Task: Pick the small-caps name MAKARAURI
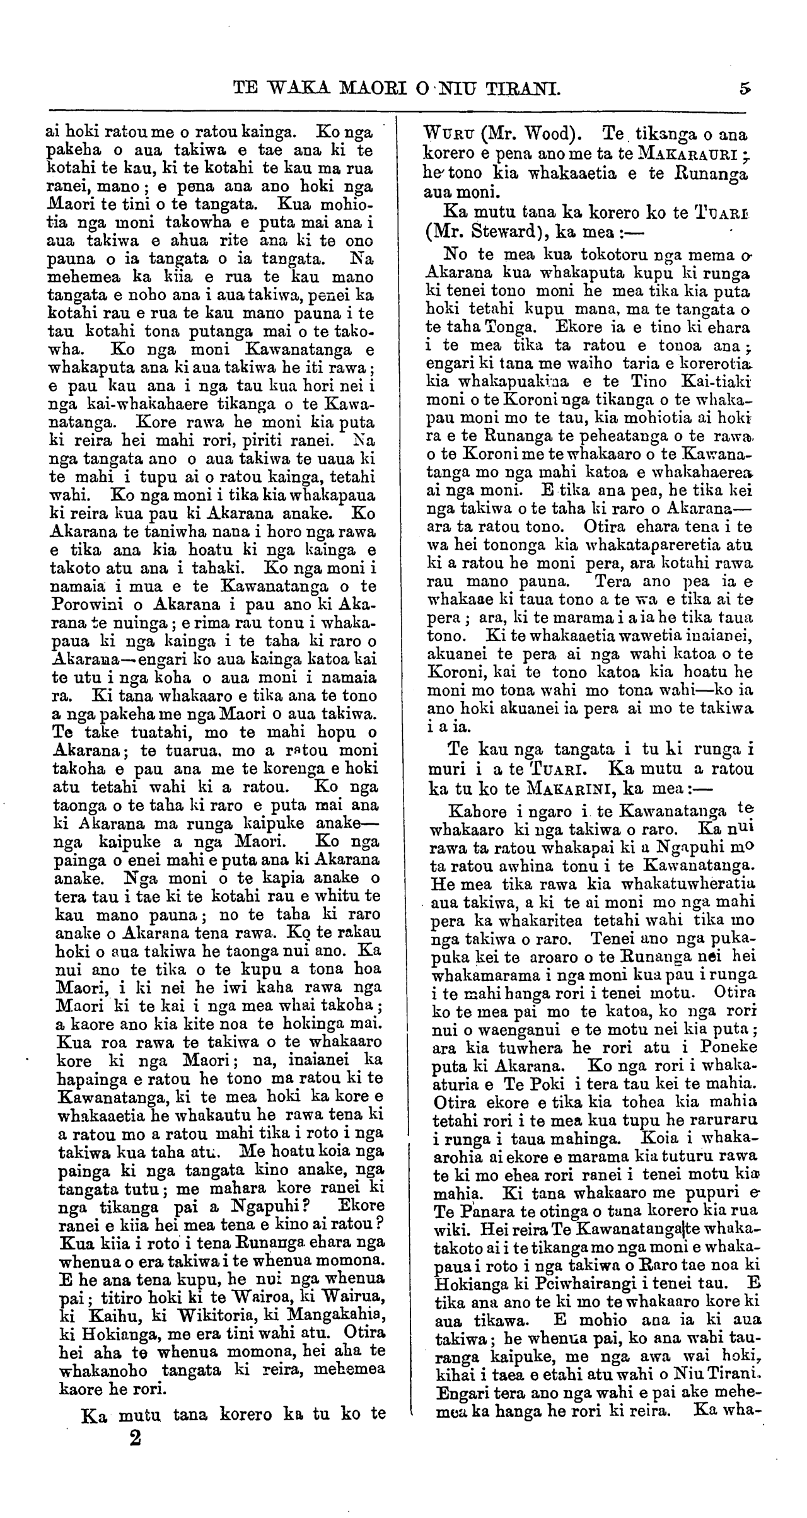[x=688, y=153]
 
